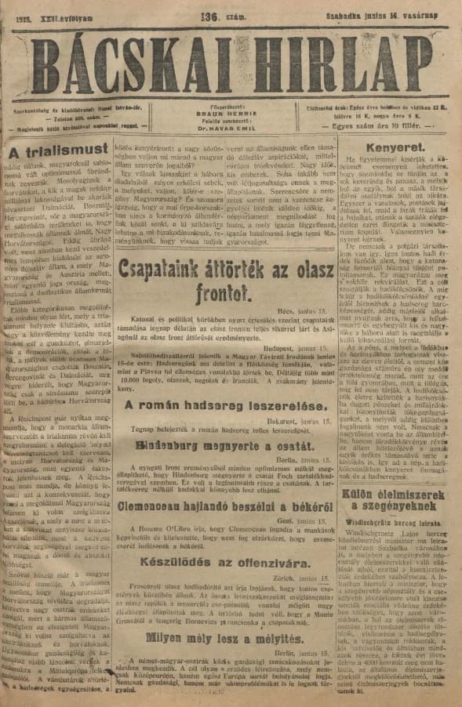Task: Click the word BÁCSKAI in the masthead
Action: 137,57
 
